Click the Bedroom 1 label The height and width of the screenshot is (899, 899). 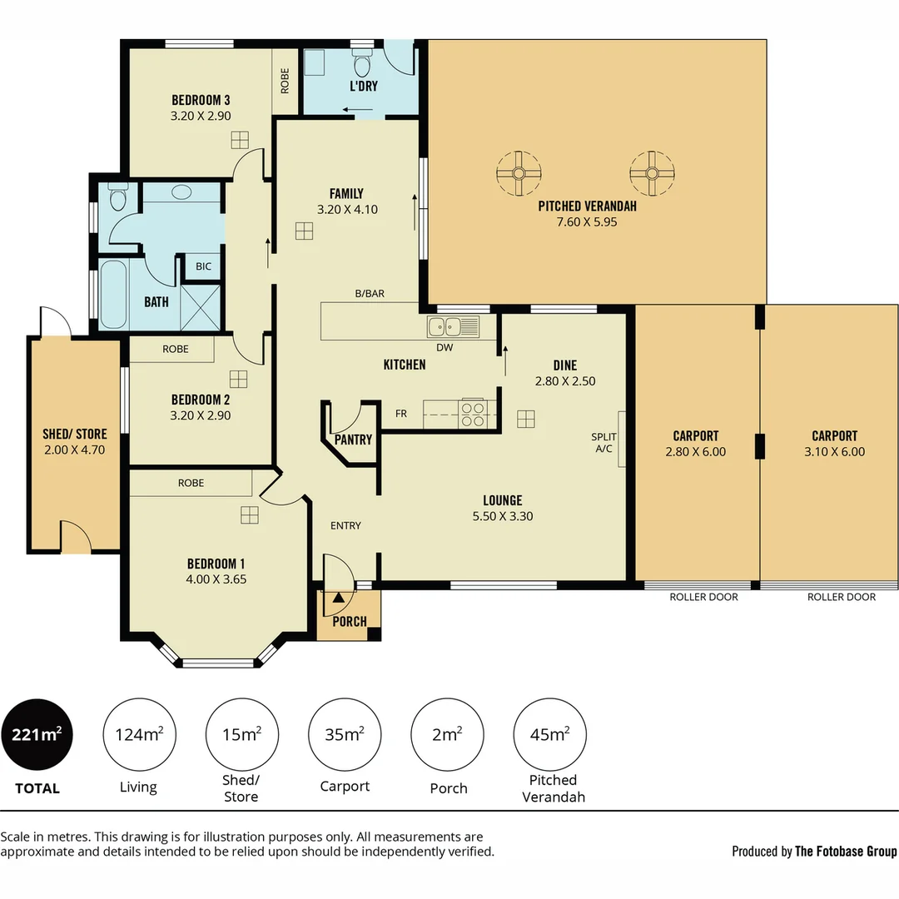(216, 563)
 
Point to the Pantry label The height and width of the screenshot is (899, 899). (353, 440)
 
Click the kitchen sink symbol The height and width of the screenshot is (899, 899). (454, 325)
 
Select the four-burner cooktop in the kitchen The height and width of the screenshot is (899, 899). (473, 415)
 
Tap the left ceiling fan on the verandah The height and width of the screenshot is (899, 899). (518, 174)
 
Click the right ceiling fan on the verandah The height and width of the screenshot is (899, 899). (651, 174)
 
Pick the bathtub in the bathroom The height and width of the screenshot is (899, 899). (114, 295)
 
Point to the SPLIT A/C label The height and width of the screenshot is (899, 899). (603, 443)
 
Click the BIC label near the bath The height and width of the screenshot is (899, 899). (203, 266)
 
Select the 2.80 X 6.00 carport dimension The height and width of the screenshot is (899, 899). (695, 452)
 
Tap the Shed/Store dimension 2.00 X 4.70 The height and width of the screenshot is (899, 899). (74, 449)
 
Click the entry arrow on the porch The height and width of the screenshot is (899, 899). (338, 597)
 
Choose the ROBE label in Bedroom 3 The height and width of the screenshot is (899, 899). (285, 80)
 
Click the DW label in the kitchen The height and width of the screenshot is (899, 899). (445, 348)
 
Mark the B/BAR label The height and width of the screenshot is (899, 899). (369, 294)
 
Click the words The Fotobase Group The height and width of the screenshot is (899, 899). (846, 851)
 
